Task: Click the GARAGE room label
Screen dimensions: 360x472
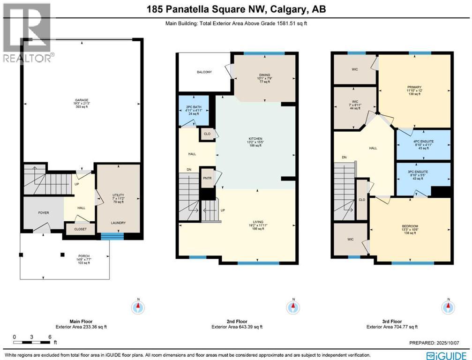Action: point(82,100)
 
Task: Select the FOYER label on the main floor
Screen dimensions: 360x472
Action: point(44,212)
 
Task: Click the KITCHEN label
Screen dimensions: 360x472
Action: point(255,139)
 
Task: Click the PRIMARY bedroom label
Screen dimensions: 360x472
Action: point(414,87)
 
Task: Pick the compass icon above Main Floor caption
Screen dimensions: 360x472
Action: point(138,307)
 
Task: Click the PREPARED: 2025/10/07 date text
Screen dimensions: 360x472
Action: point(439,343)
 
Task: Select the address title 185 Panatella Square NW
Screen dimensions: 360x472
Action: point(236,9)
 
